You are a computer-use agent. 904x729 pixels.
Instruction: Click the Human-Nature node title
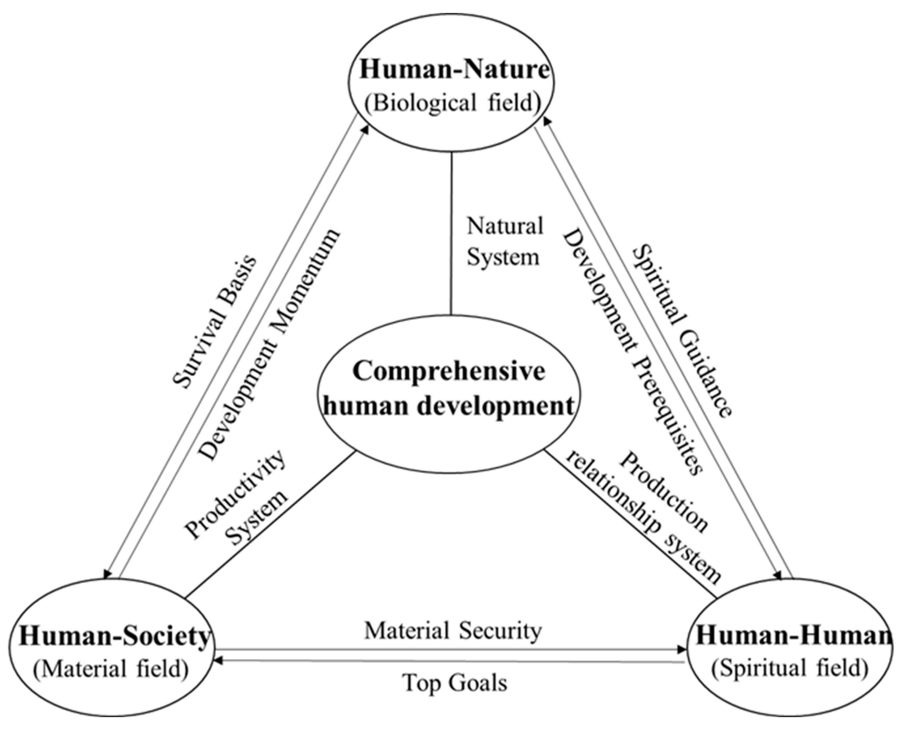coord(454,69)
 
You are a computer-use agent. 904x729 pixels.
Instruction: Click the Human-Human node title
coord(794,636)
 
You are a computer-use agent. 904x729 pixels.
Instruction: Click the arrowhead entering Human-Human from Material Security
coord(682,650)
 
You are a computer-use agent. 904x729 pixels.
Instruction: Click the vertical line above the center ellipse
coord(451,233)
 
